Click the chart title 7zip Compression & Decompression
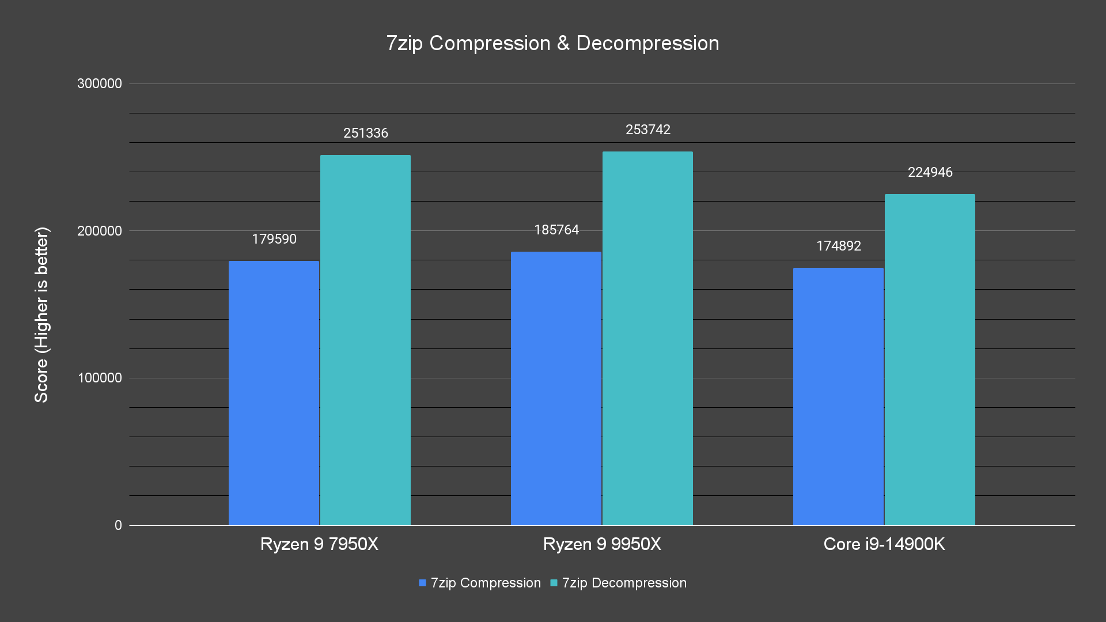pos(552,43)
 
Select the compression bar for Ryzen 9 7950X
pos(274,393)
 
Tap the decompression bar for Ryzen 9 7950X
pos(365,340)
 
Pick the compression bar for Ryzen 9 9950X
pos(556,388)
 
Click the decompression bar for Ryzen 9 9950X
pos(647,338)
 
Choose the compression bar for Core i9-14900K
pos(838,396)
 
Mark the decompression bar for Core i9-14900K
pos(930,359)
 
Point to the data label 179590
pos(274,239)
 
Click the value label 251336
pos(366,133)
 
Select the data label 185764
pos(556,230)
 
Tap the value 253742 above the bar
pos(648,130)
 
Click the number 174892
pos(839,246)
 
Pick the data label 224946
pos(930,172)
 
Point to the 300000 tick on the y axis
pos(100,84)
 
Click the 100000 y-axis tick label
pos(100,378)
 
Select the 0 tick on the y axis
pos(118,525)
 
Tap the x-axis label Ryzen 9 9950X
pos(602,544)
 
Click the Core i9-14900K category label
pos(884,544)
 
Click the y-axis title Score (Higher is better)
pos(41,314)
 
